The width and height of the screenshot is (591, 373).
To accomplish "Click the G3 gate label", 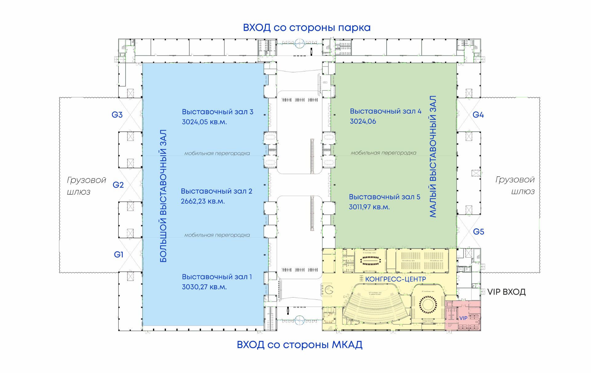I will pos(117,115).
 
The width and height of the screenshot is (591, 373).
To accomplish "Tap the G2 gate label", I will pos(118,185).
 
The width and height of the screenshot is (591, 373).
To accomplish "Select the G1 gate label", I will pos(119,255).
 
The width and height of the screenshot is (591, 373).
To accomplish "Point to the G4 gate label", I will pos(478,115).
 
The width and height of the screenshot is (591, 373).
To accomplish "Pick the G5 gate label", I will pos(478,231).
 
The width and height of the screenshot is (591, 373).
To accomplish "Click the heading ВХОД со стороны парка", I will pos(307,28).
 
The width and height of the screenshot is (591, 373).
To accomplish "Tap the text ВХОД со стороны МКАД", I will pos(300,345).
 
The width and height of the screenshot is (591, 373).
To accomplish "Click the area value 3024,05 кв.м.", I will pos(204,122).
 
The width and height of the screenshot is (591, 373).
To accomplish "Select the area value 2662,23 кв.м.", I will pos(203,201).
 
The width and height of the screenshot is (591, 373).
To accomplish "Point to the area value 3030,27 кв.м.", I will pos(204,287).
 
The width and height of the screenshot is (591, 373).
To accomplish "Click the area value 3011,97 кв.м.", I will pos(369,207).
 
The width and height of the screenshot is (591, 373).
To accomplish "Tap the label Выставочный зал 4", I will pos(385,111).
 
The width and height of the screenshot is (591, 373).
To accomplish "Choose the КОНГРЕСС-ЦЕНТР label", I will pos(396,279).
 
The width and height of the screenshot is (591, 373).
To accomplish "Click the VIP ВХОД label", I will pos(506,292).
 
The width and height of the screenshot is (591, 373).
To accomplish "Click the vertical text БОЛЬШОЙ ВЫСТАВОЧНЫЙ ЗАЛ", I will pos(163,196).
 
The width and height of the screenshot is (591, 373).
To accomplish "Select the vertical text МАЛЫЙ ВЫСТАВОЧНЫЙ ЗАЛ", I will pos(433,156).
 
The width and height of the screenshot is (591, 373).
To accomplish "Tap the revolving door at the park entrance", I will pos(300,43).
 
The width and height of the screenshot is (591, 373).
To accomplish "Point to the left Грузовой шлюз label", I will pos(86,186).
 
